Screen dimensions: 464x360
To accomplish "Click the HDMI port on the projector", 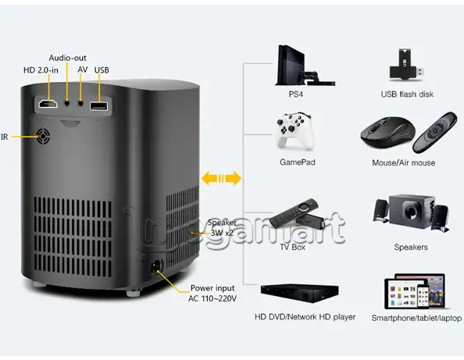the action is tap(48, 104).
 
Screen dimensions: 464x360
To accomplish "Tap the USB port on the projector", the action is tap(99, 106).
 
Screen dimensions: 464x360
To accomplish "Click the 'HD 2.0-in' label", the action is tap(41, 70).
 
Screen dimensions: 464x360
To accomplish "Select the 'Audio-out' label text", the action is tap(67, 58).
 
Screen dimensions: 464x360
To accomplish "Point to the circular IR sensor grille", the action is tap(44, 137).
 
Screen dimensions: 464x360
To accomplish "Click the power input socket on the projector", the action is tap(156, 266).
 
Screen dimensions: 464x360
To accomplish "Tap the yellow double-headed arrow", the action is tap(221, 178).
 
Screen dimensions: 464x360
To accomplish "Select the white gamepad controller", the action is tap(294, 130).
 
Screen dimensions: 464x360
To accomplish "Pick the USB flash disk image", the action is tap(407, 65).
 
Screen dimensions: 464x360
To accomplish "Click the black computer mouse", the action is tap(387, 133).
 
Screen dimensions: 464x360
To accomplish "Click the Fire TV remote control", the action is tap(294, 213).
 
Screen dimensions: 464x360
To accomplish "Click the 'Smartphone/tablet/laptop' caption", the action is tap(416, 318).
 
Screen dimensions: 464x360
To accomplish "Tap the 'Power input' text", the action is tap(212, 288).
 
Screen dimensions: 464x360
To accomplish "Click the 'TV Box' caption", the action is tap(292, 247).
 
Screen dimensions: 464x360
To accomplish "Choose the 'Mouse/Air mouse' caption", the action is tap(404, 162).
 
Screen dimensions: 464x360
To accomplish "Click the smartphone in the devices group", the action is tap(423, 298).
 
